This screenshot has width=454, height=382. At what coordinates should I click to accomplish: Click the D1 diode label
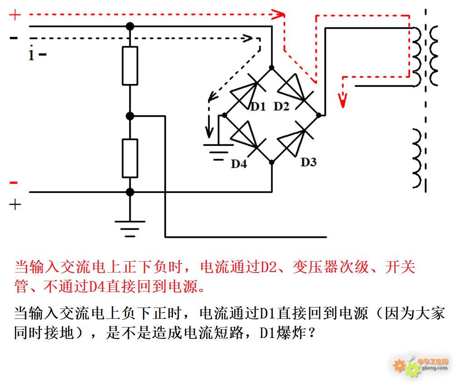[258, 107]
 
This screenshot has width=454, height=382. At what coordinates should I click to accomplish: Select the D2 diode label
[281, 106]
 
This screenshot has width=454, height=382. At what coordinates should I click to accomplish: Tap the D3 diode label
[309, 162]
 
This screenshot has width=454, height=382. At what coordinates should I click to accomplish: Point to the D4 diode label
[239, 164]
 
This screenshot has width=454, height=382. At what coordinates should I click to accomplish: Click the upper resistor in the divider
[130, 66]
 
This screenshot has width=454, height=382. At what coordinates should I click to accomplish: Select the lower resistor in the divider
[130, 158]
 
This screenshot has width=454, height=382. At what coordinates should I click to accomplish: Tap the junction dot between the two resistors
[130, 116]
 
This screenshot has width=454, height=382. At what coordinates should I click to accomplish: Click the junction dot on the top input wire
[130, 26]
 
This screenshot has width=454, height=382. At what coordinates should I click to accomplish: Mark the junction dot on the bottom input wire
[130, 192]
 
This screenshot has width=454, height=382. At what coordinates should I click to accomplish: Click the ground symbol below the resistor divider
[130, 229]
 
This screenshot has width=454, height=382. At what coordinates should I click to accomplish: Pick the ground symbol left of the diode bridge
[218, 152]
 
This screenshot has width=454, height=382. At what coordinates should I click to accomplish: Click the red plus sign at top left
[15, 15]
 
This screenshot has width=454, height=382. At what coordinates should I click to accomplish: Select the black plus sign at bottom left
[15, 205]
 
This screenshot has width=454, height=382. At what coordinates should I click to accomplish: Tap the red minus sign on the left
[14, 183]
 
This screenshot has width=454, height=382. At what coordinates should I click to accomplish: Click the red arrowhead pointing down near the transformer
[343, 100]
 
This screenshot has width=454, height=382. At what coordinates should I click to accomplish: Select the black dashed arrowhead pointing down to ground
[209, 132]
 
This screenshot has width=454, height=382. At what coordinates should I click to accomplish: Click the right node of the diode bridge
[319, 115]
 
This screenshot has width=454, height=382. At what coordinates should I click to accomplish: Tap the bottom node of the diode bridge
[271, 163]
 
